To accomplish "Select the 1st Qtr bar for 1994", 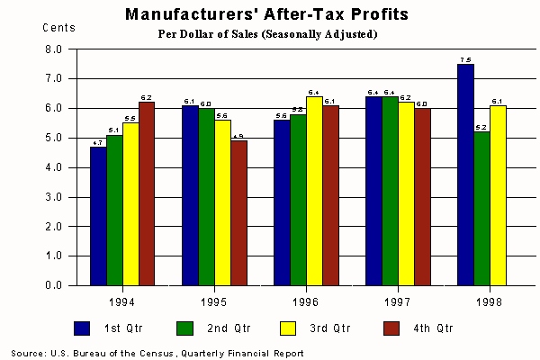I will pos(98,216).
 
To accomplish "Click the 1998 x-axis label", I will pos(489,301).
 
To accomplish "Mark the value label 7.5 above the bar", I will pos(465,60).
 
